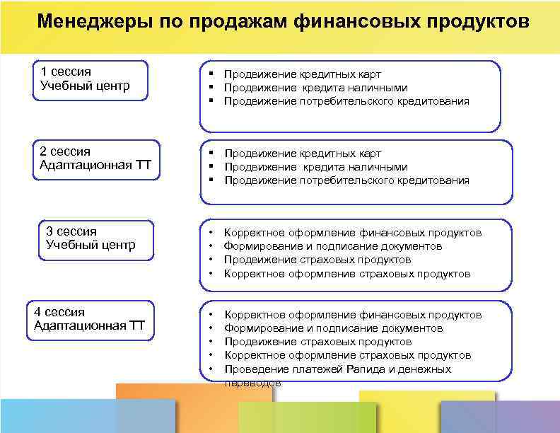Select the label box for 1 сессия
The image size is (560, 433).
(x=91, y=80)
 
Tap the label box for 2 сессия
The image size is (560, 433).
(x=95, y=160)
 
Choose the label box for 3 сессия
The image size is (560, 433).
(x=95, y=241)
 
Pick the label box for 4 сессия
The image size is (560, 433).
(x=89, y=321)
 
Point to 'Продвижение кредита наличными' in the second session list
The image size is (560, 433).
(x=316, y=167)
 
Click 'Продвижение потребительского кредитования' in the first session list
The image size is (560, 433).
(x=346, y=101)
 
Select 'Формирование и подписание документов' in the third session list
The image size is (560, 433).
(x=333, y=246)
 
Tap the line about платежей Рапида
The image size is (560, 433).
(x=337, y=369)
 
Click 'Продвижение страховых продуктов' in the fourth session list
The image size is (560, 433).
(x=317, y=342)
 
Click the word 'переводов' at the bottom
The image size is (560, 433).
(x=252, y=383)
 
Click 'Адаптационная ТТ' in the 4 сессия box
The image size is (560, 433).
(x=89, y=325)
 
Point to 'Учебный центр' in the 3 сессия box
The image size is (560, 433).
(x=91, y=246)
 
